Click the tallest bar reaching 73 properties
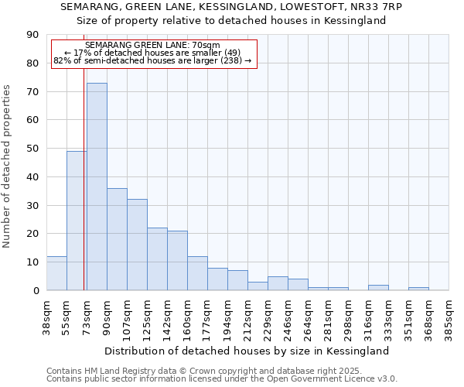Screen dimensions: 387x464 pyautogui.click(x=97, y=187)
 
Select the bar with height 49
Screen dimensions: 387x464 pyautogui.click(x=77, y=221)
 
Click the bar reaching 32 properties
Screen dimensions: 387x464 pyautogui.click(x=137, y=245)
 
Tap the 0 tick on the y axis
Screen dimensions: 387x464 pyautogui.click(x=36, y=291)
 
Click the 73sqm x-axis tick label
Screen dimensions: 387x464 pyautogui.click(x=87, y=313)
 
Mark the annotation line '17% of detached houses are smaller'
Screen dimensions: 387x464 pyautogui.click(x=152, y=53)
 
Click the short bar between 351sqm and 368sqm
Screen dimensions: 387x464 pyautogui.click(x=418, y=289)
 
